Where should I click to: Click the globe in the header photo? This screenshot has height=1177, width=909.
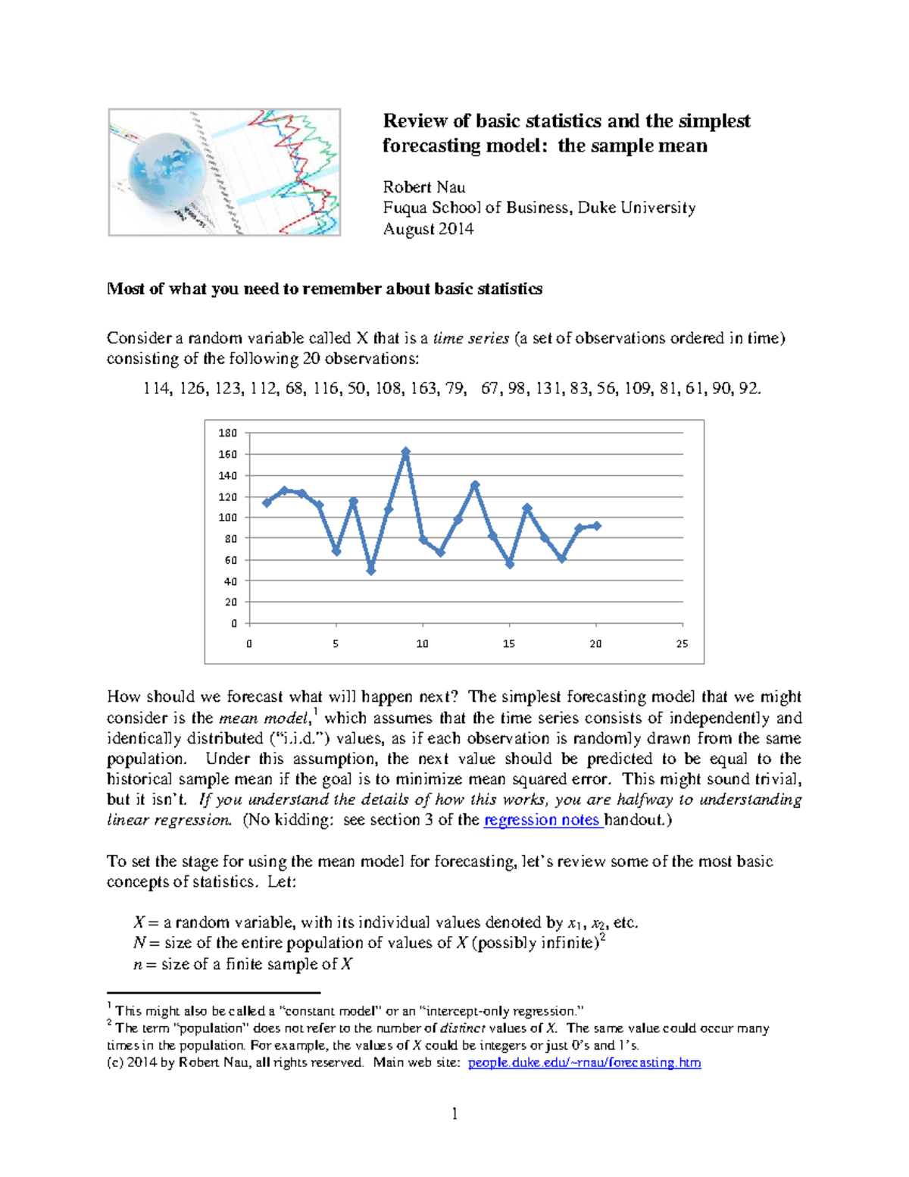pyautogui.click(x=167, y=172)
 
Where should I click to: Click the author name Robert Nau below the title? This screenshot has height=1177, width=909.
pyautogui.click(x=423, y=187)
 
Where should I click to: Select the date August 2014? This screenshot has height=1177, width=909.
pyautogui.click(x=428, y=229)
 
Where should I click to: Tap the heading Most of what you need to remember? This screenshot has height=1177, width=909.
pyautogui.click(x=324, y=289)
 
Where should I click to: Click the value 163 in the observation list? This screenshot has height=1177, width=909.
pyautogui.click(x=423, y=389)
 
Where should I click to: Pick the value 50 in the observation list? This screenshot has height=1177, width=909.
pyautogui.click(x=356, y=389)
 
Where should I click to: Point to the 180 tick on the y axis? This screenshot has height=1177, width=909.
pyautogui.click(x=227, y=433)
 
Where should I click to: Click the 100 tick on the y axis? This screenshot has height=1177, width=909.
pyautogui.click(x=227, y=518)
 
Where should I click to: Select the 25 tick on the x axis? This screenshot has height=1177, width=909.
pyautogui.click(x=682, y=643)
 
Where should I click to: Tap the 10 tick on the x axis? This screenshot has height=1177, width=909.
pyautogui.click(x=422, y=643)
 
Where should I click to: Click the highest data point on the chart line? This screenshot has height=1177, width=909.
pyautogui.click(x=406, y=452)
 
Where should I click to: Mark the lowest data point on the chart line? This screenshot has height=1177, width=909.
pyautogui.click(x=371, y=571)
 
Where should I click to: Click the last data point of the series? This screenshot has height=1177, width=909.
pyautogui.click(x=597, y=525)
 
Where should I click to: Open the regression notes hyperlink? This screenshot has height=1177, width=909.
pyautogui.click(x=542, y=820)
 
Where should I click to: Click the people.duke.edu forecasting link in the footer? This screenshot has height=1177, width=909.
pyautogui.click(x=584, y=1063)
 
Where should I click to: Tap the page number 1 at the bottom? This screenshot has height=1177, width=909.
pyautogui.click(x=454, y=1113)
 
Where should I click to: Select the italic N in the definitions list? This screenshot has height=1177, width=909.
pyautogui.click(x=139, y=943)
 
